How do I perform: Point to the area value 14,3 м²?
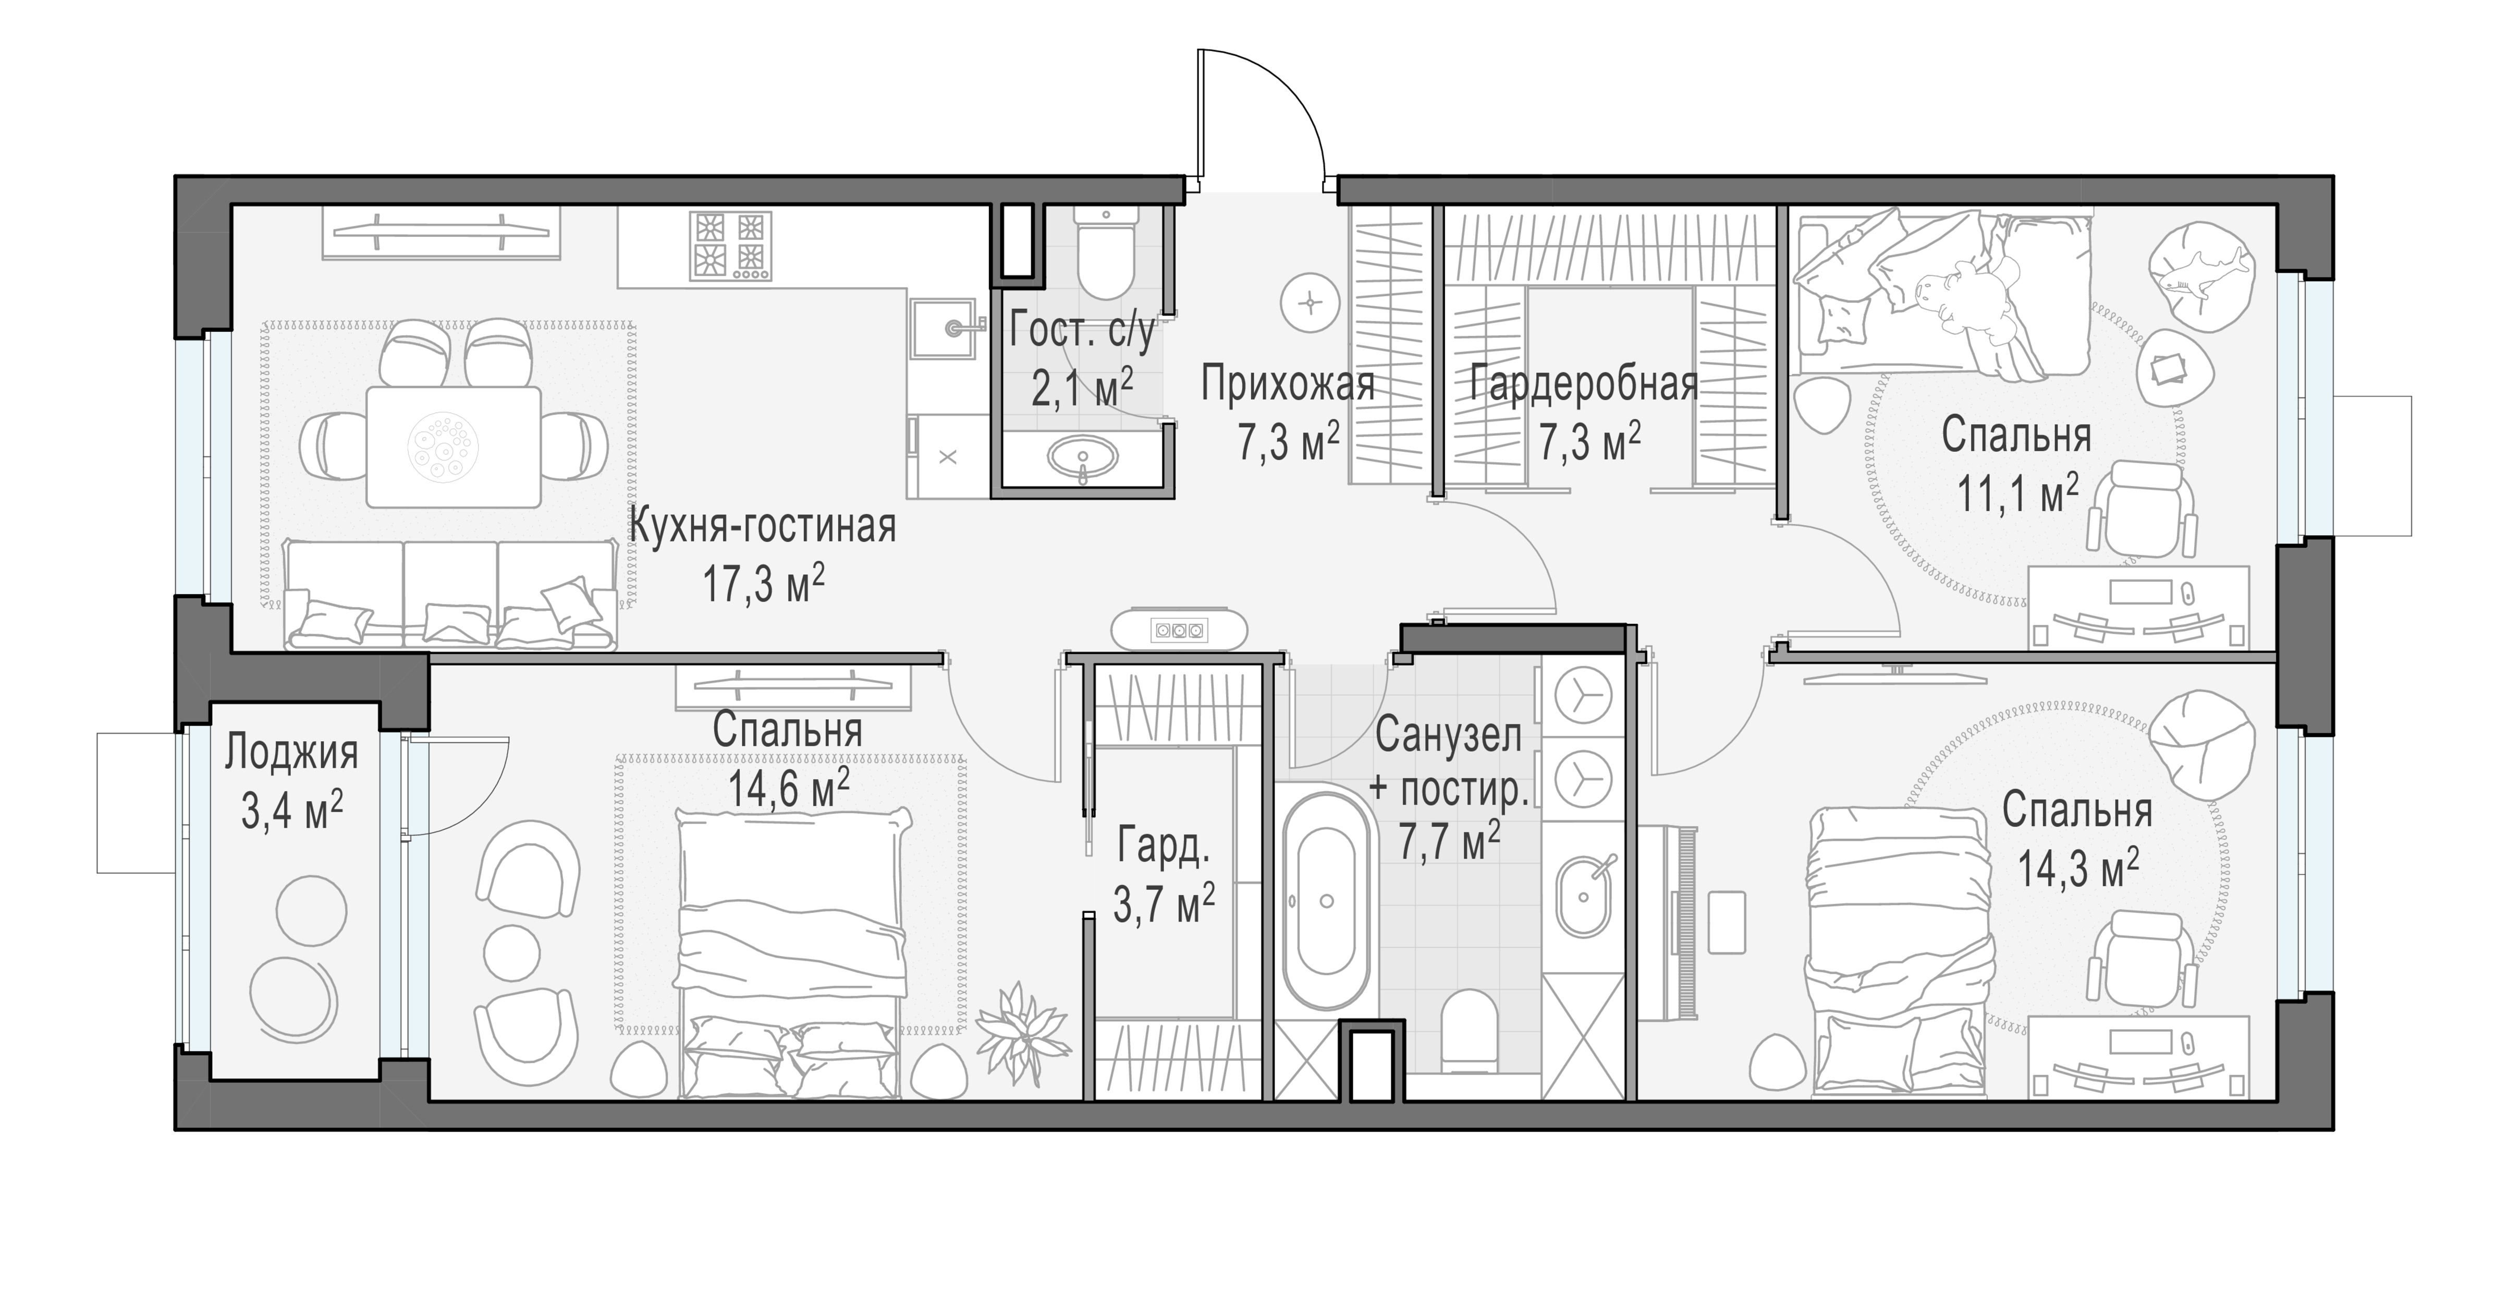point(2078,868)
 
